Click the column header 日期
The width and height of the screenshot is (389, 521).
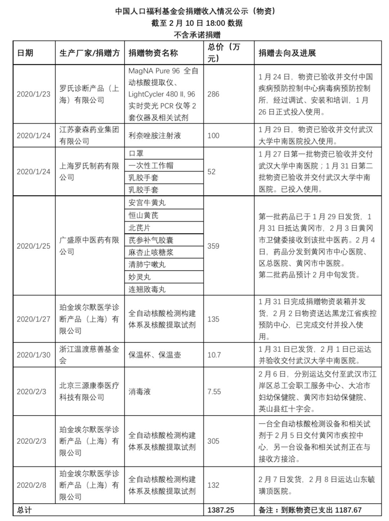click(x=25, y=53)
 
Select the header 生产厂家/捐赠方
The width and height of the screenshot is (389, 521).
click(x=89, y=53)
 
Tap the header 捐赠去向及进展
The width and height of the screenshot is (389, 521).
click(x=287, y=53)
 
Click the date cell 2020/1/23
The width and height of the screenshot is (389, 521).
click(x=33, y=94)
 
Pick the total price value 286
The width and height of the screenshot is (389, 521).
click(x=213, y=94)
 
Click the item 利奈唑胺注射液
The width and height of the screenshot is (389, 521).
click(x=155, y=136)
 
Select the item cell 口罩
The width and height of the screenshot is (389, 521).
click(x=136, y=153)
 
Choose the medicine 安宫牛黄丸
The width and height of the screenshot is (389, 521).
click(x=147, y=203)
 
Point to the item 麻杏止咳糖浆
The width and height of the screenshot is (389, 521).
click(x=151, y=252)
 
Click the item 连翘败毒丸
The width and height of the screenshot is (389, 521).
click(x=147, y=289)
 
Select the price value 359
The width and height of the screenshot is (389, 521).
click(x=213, y=246)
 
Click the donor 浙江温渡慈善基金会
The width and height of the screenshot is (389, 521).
click(x=89, y=355)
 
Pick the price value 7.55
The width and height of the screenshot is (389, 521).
click(x=214, y=392)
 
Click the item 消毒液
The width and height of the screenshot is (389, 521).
click(x=139, y=392)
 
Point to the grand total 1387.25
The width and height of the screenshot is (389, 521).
click(x=221, y=510)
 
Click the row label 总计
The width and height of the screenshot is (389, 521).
click(x=24, y=510)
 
